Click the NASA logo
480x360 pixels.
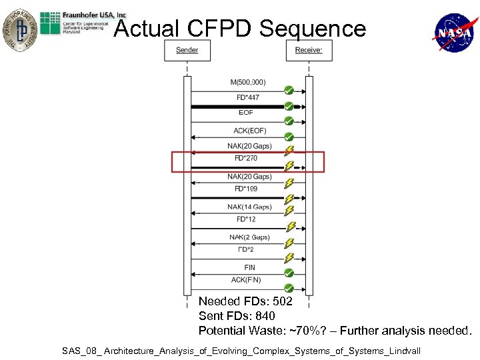[x=453, y=32]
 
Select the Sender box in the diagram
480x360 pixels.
[x=187, y=51]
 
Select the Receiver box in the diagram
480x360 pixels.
[x=309, y=51]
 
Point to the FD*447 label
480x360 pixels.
[x=248, y=97]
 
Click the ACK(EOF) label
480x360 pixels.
[x=249, y=131]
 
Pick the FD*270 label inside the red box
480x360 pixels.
[x=246, y=158]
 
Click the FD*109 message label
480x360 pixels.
[x=246, y=189]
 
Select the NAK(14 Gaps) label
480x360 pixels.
[x=249, y=207]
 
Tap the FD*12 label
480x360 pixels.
[x=246, y=219]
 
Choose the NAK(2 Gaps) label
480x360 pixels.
[x=249, y=237]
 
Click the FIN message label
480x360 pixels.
[x=249, y=267]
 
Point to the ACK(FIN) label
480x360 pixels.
[x=246, y=279]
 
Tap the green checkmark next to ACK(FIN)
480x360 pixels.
[x=289, y=288]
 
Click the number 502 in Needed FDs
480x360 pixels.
[x=283, y=302]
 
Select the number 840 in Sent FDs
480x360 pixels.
[x=264, y=316]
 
